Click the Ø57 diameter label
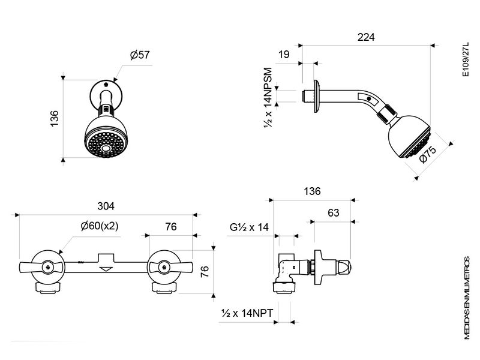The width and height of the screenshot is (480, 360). pyautogui.click(x=140, y=55)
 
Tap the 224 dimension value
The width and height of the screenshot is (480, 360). pyautogui.click(x=366, y=37)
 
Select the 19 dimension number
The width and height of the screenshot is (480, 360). pyautogui.click(x=284, y=55)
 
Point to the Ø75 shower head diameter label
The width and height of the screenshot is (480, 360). pyautogui.click(x=427, y=155)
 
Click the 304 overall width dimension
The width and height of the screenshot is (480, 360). pyautogui.click(x=106, y=206)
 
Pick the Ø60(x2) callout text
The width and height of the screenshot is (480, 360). pyautogui.click(x=100, y=226)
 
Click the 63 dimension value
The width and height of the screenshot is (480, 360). pyautogui.click(x=334, y=212)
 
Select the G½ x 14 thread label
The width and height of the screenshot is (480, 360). pyautogui.click(x=249, y=227)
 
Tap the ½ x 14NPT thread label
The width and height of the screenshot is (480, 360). pyautogui.click(x=247, y=313)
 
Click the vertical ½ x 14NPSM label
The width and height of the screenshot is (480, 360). pyautogui.click(x=268, y=98)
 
